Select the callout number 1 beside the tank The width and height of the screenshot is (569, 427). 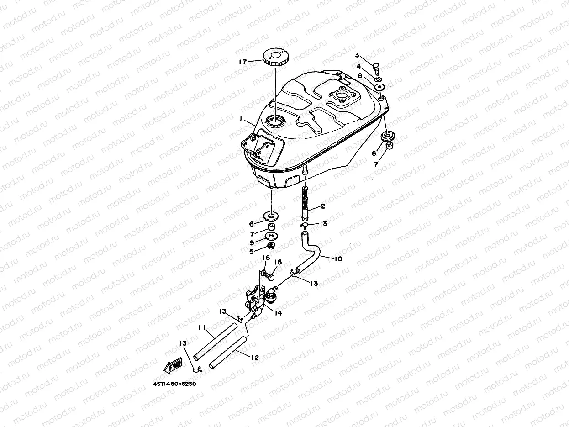(x=240, y=119)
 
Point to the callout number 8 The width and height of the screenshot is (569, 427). (x=360, y=76)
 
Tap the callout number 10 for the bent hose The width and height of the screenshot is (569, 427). (x=338, y=259)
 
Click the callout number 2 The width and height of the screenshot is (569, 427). (x=322, y=206)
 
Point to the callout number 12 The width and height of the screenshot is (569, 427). (x=255, y=358)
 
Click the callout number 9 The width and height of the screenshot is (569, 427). (x=251, y=242)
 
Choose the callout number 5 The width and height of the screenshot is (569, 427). (x=251, y=251)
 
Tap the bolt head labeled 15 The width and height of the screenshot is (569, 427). (x=271, y=276)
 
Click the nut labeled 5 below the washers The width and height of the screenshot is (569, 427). (x=271, y=247)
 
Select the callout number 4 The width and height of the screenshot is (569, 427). (x=358, y=66)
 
